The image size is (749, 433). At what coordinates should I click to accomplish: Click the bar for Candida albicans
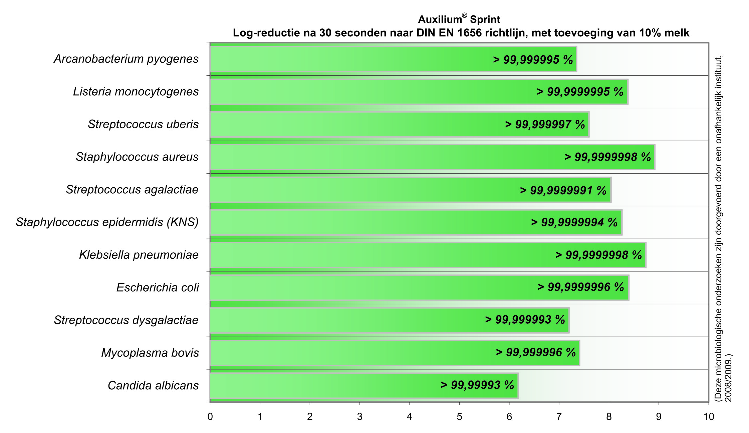(x=334, y=386)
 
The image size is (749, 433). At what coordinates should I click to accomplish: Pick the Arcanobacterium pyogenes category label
(x=126, y=59)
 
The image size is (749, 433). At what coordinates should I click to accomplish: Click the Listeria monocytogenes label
(x=136, y=92)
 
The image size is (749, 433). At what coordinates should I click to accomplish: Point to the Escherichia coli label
(x=158, y=288)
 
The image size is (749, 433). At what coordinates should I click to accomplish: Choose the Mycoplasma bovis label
(x=150, y=353)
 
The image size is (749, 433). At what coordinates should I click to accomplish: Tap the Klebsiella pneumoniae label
(x=139, y=255)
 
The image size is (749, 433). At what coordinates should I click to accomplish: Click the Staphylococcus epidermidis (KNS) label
(x=107, y=222)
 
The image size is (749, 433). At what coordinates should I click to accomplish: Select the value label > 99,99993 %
(x=477, y=385)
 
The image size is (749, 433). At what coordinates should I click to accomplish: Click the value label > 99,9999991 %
(x=563, y=190)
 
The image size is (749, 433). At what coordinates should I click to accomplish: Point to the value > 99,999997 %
(x=545, y=125)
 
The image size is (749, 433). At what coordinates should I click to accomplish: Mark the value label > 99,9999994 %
(x=574, y=222)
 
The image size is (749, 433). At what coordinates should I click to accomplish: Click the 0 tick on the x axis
(x=210, y=417)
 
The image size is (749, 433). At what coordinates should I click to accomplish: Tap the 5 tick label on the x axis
(x=459, y=417)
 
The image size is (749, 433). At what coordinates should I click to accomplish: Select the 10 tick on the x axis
(x=709, y=417)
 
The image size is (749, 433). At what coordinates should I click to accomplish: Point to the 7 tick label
(x=559, y=417)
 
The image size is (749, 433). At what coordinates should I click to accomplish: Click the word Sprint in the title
(x=485, y=20)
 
